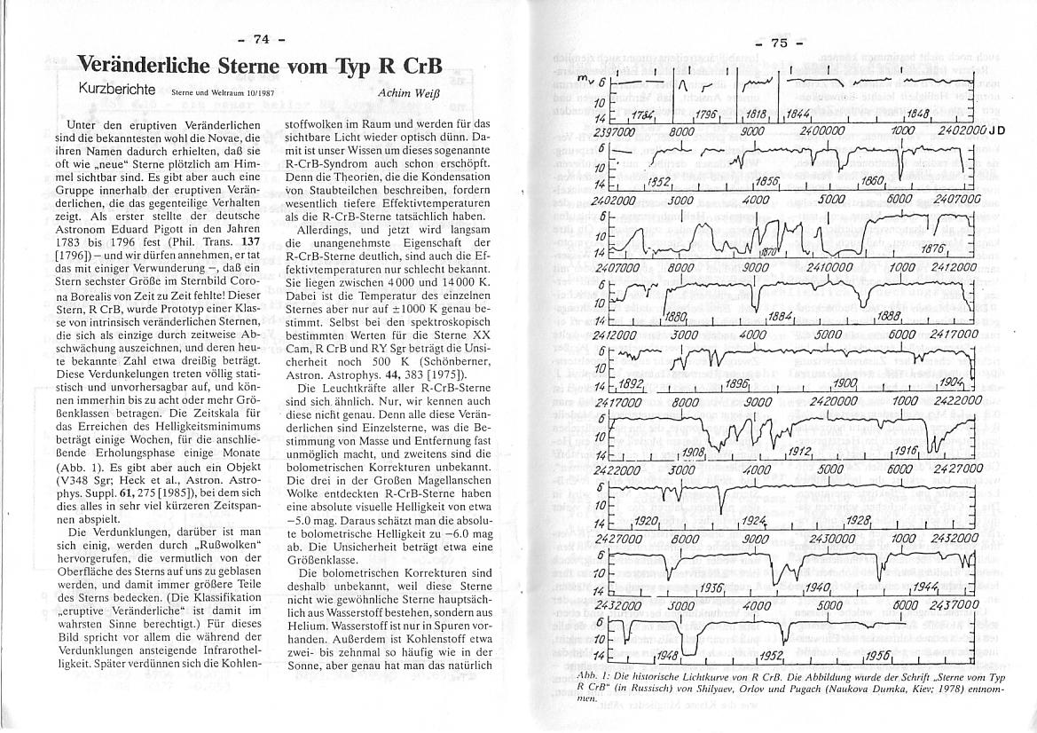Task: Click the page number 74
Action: coord(262,38)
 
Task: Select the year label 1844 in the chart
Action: coord(799,115)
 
